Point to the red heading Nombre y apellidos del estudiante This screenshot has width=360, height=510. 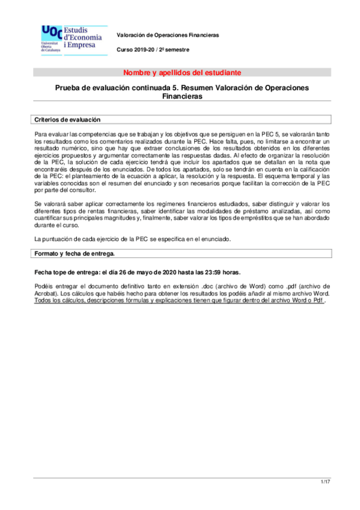point(182,73)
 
